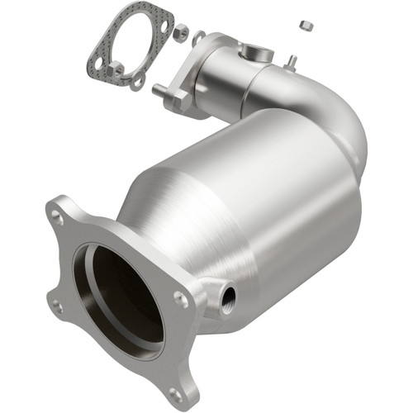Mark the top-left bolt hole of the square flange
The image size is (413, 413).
pyautogui.click(x=59, y=219)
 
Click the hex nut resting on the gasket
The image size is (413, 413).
pyautogui.click(x=116, y=69)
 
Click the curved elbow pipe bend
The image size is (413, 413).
pyautogui.click(x=343, y=124)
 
